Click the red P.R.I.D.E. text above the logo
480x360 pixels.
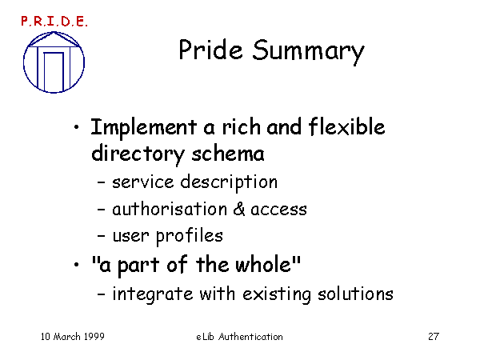pyautogui.click(x=54, y=22)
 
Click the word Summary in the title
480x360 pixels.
pyautogui.click(x=308, y=51)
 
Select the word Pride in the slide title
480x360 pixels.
pyautogui.click(x=210, y=49)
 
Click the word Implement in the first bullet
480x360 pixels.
pyautogui.click(x=143, y=127)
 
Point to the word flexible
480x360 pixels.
pyautogui.click(x=346, y=126)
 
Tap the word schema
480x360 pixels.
pyautogui.click(x=228, y=154)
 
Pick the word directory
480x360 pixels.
pyautogui.click(x=138, y=155)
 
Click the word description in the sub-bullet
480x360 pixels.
pyautogui.click(x=229, y=183)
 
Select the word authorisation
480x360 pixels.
pyautogui.click(x=170, y=210)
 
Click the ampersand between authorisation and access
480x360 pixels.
pyautogui.click(x=239, y=210)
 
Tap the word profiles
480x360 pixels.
pyautogui.click(x=190, y=237)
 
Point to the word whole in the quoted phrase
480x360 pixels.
pyautogui.click(x=263, y=264)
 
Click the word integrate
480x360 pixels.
pyautogui.click(x=153, y=294)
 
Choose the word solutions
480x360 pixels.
pyautogui.click(x=355, y=294)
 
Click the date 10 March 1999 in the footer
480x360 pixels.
pyautogui.click(x=73, y=337)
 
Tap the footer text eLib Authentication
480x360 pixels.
pyautogui.click(x=239, y=337)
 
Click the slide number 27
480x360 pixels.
pyautogui.click(x=434, y=337)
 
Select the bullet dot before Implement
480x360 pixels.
pyautogui.click(x=77, y=126)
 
